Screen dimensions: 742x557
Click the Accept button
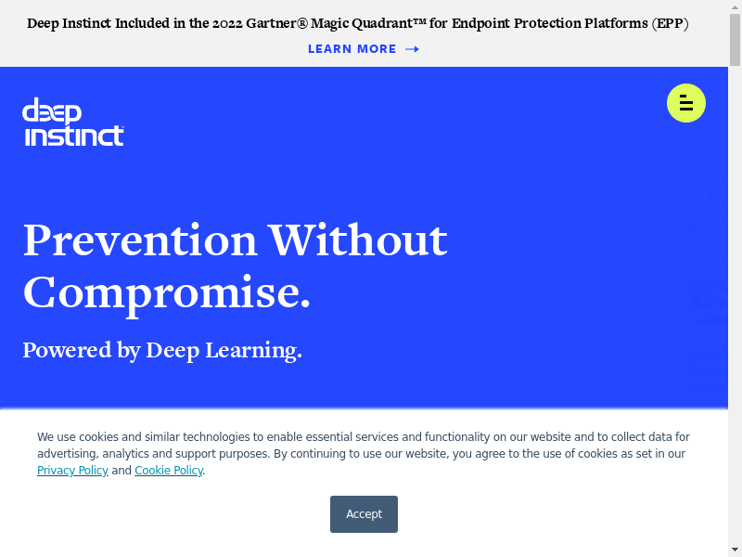coord(364,514)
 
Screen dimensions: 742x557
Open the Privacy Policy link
coord(72,471)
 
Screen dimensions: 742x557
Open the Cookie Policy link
coord(169,471)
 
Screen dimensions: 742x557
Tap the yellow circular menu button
coord(686,103)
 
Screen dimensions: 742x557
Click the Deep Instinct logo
coord(73,122)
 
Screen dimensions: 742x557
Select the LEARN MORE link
coord(352,49)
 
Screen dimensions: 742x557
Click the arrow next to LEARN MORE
coord(412,49)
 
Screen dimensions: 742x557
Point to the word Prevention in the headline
coord(140,240)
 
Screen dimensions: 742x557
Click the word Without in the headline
coord(358,240)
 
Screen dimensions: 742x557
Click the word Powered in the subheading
coord(67,350)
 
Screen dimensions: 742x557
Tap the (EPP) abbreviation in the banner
coord(670,23)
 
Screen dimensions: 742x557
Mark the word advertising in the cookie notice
coord(68,454)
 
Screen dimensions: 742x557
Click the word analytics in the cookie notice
coord(125,454)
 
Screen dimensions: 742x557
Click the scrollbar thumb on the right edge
coord(735,40)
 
